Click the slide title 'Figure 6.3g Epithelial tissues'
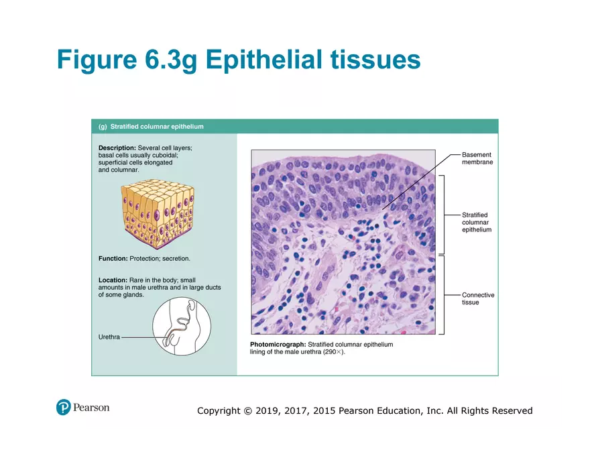(x=239, y=60)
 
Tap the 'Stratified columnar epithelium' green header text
(x=157, y=126)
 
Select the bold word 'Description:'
(x=117, y=148)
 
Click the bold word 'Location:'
(x=113, y=280)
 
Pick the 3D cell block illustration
(x=157, y=213)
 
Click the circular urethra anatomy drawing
(x=182, y=327)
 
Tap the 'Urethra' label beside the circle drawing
(x=109, y=337)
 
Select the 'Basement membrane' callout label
(x=477, y=158)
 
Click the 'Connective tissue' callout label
(x=477, y=298)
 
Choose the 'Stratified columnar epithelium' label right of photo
(x=476, y=223)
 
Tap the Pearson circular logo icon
(x=64, y=407)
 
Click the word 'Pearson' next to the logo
(x=91, y=407)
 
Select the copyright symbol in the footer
(x=247, y=410)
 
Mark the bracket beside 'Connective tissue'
(x=442, y=294)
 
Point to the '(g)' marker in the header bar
(x=103, y=126)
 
